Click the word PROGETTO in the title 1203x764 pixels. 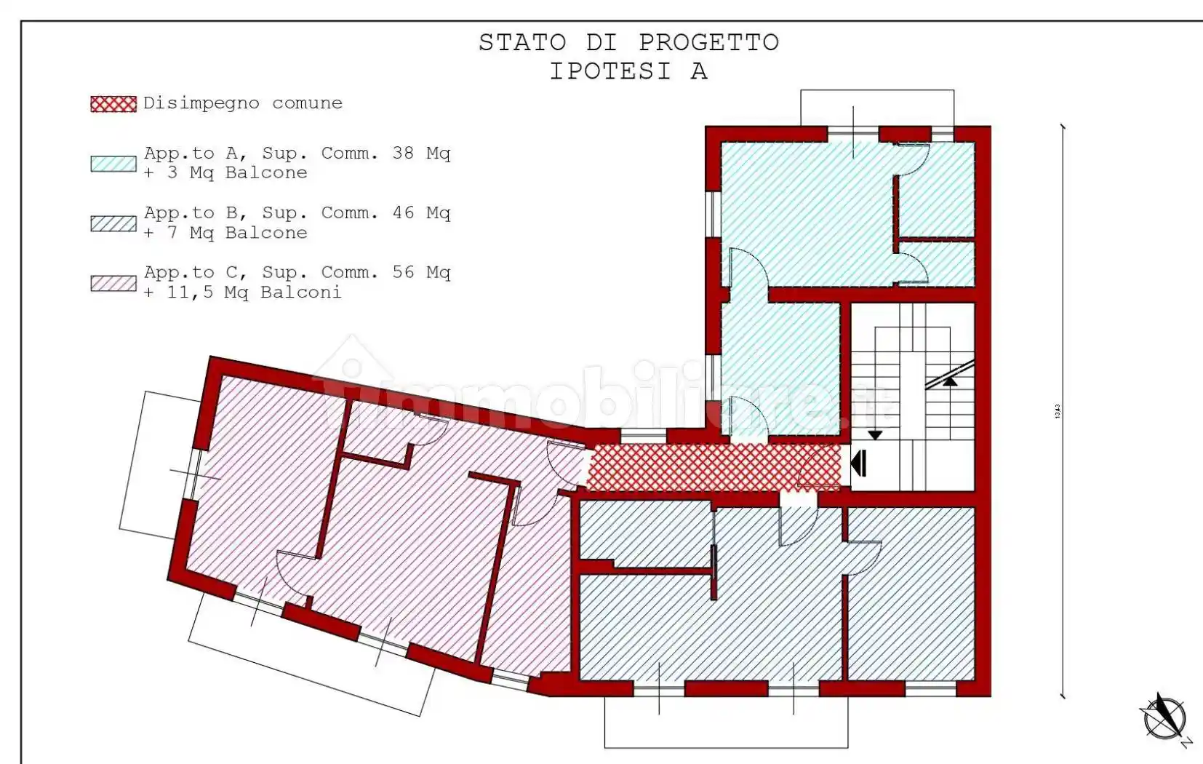pyautogui.click(x=708, y=43)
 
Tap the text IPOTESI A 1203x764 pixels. pyautogui.click(x=628, y=71)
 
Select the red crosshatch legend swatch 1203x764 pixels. pyautogui.click(x=113, y=104)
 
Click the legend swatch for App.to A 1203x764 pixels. pyautogui.click(x=113, y=164)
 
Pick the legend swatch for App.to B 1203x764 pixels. pyautogui.click(x=113, y=223)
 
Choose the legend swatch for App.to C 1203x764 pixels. pyautogui.click(x=113, y=283)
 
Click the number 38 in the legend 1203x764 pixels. pyautogui.click(x=403, y=153)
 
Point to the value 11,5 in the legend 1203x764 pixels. pyautogui.click(x=191, y=293)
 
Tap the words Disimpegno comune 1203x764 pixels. pyautogui.click(x=242, y=103)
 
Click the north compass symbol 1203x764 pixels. pyautogui.click(x=1164, y=717)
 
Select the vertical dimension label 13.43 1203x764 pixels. pyautogui.click(x=1058, y=411)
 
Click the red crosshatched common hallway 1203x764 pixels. pyautogui.click(x=713, y=467)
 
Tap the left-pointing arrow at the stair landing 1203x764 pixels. pyautogui.click(x=859, y=463)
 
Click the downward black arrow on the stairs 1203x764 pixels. pyautogui.click(x=875, y=434)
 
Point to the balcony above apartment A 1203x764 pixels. pyautogui.click(x=877, y=108)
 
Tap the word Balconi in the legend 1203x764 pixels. pyautogui.click(x=300, y=293)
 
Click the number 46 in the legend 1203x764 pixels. pyautogui.click(x=403, y=213)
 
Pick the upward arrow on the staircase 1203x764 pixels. pyautogui.click(x=950, y=380)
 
